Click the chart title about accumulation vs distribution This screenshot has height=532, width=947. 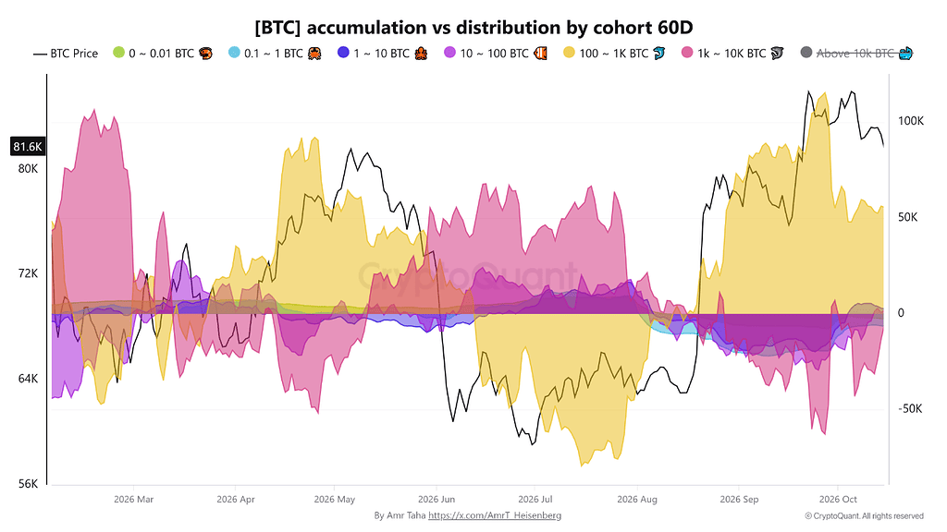tap(473, 28)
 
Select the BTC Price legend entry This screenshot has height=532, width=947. tap(66, 54)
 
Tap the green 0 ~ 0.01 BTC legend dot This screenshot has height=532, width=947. tap(118, 53)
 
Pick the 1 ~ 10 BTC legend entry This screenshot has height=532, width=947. tap(382, 54)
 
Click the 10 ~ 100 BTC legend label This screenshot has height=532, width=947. tap(494, 54)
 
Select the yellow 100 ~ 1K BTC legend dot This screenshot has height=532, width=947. tap(569, 53)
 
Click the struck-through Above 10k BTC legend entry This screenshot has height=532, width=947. tap(856, 54)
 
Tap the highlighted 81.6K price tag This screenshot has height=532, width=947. tap(28, 147)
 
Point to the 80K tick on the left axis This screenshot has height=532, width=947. tap(28, 169)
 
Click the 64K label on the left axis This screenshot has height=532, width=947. tap(28, 379)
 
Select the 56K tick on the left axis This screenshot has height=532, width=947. tap(28, 484)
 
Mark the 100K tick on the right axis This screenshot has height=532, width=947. tap(911, 121)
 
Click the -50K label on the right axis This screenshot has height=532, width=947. tap(910, 409)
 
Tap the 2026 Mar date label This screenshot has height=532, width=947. tap(133, 500)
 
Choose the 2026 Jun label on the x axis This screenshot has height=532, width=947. tap(437, 500)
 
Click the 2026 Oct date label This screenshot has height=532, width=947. tap(838, 500)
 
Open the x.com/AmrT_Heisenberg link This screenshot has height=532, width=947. tap(495, 515)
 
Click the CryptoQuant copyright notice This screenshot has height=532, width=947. tap(865, 516)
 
